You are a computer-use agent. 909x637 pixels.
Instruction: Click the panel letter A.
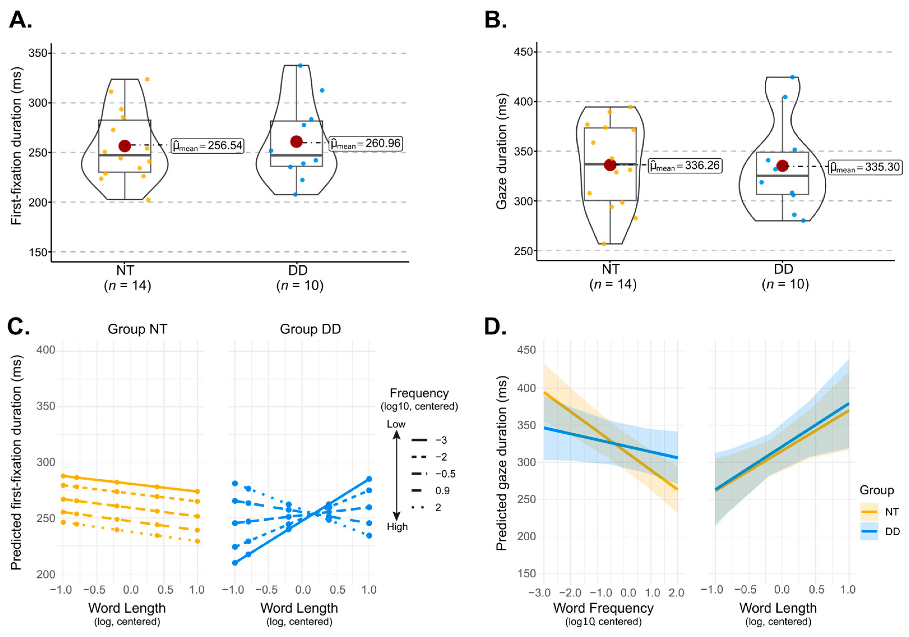click(x=20, y=20)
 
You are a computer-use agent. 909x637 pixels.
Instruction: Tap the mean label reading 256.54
click(x=207, y=146)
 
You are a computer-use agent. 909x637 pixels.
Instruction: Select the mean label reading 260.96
click(x=366, y=143)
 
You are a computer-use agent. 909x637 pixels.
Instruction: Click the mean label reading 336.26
click(x=685, y=165)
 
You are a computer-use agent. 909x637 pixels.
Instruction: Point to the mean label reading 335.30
click(x=865, y=167)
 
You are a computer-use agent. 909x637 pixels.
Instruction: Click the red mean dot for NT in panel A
click(x=125, y=146)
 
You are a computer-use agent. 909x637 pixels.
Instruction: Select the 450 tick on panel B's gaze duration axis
click(x=523, y=52)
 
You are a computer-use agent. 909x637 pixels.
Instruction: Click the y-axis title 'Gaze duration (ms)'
click(x=502, y=151)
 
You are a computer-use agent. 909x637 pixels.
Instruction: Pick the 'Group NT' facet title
click(x=137, y=329)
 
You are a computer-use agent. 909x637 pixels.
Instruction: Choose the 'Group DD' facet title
click(x=310, y=329)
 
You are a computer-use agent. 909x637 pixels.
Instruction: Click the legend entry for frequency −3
click(x=429, y=440)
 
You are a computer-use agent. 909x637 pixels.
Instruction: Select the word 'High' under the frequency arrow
click(x=397, y=527)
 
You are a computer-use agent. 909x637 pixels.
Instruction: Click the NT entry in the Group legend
click(x=881, y=512)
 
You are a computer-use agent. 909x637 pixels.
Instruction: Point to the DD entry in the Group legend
click(x=881, y=532)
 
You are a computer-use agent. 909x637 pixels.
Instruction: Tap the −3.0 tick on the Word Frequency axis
click(x=539, y=593)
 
